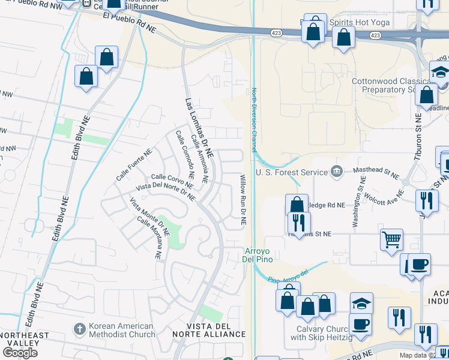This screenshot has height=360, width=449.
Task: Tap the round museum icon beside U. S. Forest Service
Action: (336, 172)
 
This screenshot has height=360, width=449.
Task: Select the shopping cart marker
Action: (391, 239)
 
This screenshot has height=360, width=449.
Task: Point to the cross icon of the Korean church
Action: (79, 329)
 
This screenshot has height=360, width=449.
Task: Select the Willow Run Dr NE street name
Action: (243, 200)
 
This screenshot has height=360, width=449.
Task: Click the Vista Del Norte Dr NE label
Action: (166, 192)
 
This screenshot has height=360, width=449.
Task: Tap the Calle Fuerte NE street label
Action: (134, 166)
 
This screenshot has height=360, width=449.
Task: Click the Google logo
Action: (20, 352)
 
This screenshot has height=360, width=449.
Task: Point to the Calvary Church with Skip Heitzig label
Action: (323, 334)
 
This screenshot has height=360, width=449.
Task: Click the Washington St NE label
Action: (358, 205)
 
